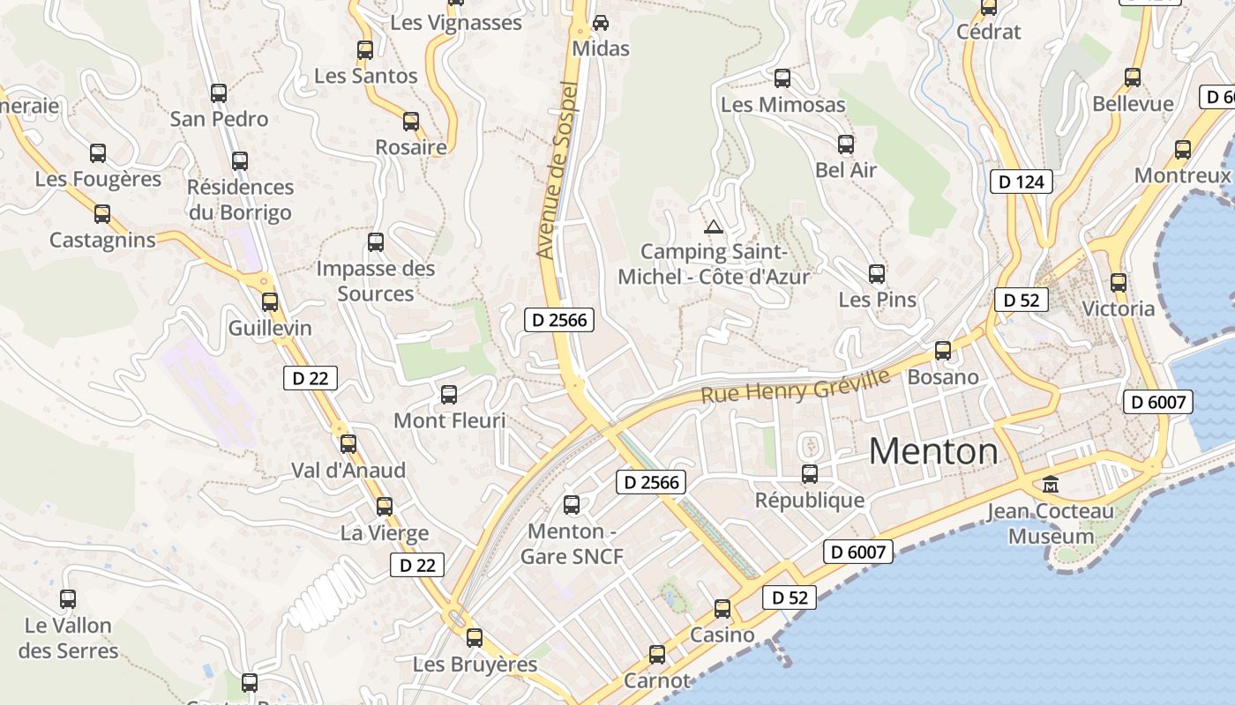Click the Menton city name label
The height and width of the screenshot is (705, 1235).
click(933, 451)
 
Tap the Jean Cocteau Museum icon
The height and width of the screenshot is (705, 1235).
click(1051, 484)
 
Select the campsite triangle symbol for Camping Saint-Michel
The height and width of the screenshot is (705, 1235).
click(713, 226)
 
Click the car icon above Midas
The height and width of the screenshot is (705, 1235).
click(601, 22)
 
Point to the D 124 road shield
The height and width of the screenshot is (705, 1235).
click(1022, 182)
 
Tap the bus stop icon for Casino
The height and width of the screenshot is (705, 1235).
click(722, 608)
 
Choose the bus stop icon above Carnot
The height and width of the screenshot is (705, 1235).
click(657, 654)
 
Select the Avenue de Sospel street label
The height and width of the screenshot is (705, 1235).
click(558, 171)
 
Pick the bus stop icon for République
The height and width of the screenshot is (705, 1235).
click(810, 474)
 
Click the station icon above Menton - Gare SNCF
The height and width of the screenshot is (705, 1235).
click(572, 504)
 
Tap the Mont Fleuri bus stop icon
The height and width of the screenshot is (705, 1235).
click(449, 394)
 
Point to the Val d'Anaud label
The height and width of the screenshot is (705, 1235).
click(348, 471)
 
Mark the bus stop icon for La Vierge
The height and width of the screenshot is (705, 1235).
click(385, 507)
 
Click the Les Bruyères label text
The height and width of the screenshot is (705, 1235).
click(475, 664)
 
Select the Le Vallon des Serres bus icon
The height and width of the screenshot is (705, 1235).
click(68, 599)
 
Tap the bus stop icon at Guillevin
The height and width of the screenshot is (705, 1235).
click(270, 301)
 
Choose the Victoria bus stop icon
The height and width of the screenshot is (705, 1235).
click(1119, 283)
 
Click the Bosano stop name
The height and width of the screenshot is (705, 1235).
click(943, 377)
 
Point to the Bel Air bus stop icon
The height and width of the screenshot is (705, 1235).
click(846, 144)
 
